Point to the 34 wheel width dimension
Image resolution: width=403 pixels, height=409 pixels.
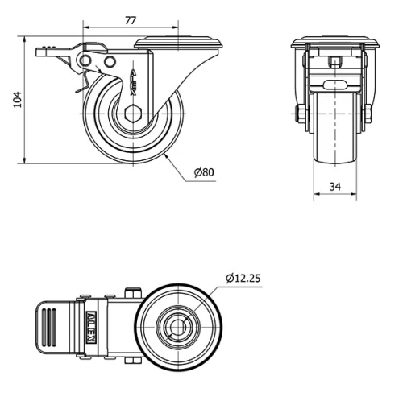tap(334, 187)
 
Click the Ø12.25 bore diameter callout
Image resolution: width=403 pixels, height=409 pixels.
tap(243, 278)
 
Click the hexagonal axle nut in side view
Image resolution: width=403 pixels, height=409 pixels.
tap(133, 112)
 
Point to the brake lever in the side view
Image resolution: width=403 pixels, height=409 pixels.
tap(60, 54)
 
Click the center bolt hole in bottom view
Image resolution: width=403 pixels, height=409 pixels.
tap(175, 329)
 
